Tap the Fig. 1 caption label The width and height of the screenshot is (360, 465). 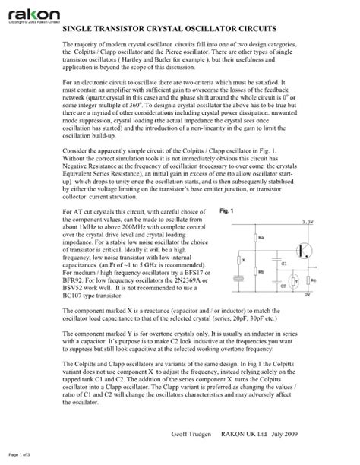[226, 210]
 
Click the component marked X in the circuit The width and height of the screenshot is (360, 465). [240, 259]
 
